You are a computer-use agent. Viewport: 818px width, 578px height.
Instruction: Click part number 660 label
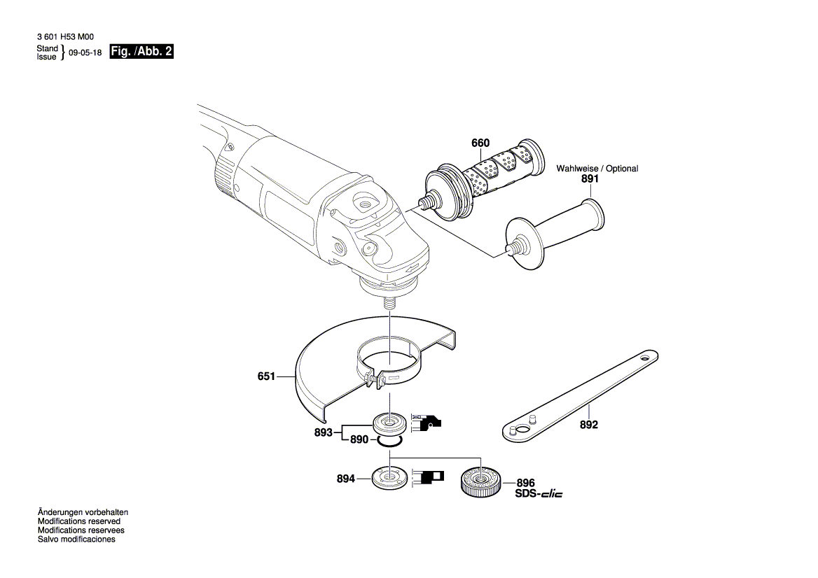click(x=480, y=143)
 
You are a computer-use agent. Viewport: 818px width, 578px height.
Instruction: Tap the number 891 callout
click(x=590, y=179)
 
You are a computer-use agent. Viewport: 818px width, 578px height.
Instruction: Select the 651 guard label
click(x=267, y=376)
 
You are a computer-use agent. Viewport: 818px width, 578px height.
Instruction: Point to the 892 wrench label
click(x=589, y=425)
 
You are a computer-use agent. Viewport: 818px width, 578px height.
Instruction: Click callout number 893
click(x=323, y=432)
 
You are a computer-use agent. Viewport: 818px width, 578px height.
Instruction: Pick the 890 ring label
click(x=359, y=440)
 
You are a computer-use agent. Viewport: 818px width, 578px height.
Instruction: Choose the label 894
click(x=346, y=479)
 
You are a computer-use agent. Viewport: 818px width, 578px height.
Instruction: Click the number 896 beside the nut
click(x=526, y=483)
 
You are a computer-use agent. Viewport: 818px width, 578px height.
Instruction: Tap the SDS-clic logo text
click(x=539, y=493)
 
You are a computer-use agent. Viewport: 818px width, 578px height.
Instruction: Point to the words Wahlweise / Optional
click(x=597, y=169)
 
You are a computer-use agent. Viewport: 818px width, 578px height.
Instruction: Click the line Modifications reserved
click(x=78, y=521)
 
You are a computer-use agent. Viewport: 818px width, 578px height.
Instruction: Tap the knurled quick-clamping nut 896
click(x=480, y=481)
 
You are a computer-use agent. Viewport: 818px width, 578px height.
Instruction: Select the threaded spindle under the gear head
click(x=389, y=306)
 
